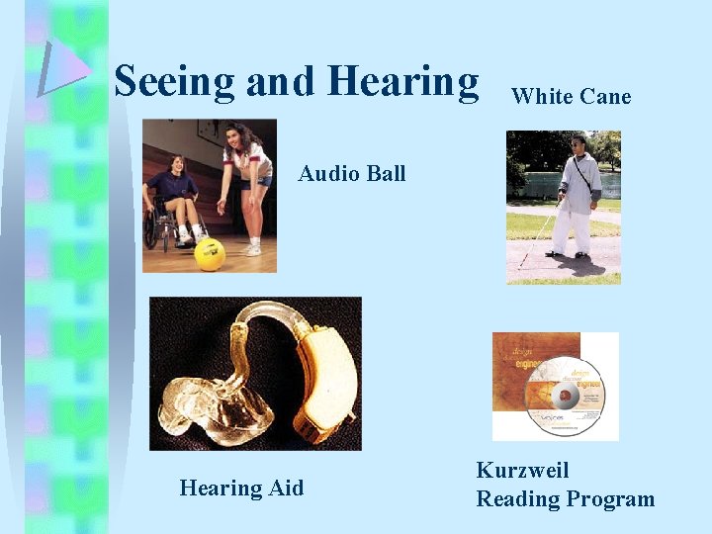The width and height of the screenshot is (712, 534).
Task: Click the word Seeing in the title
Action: (x=174, y=82)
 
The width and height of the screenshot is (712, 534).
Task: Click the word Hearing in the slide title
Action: (x=402, y=82)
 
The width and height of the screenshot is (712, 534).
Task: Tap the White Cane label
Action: (x=571, y=96)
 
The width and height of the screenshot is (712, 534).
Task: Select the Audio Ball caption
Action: (x=352, y=173)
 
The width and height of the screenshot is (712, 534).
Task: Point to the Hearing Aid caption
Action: (x=241, y=488)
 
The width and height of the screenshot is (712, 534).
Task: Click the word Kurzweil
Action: (x=522, y=471)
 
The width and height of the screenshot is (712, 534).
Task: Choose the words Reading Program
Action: (x=565, y=499)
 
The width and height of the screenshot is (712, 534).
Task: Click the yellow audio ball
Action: (x=209, y=254)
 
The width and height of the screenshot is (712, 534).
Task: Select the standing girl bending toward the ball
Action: (x=247, y=178)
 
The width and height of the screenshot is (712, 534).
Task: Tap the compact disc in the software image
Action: (x=565, y=396)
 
